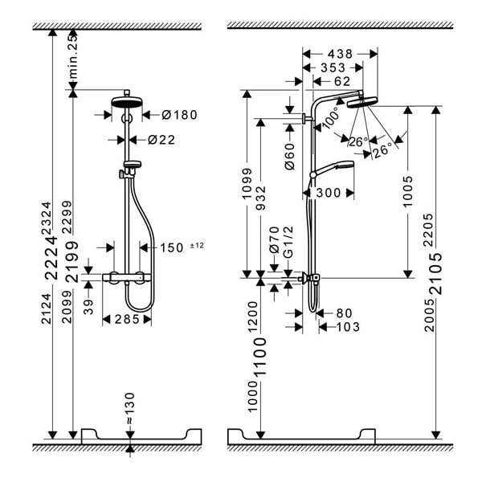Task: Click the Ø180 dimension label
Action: (x=178, y=116)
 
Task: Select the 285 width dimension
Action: (x=127, y=319)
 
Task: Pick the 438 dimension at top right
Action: (x=340, y=53)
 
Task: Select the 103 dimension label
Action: (x=348, y=327)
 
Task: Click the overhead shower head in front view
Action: (x=127, y=103)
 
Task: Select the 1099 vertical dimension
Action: (x=248, y=184)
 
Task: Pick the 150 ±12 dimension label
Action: (x=175, y=247)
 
